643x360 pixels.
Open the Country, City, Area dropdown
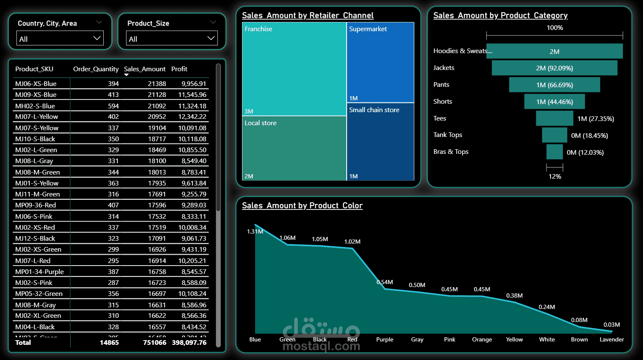[60, 39]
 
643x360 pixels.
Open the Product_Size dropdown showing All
[172, 39]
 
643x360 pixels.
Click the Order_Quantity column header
[96, 69]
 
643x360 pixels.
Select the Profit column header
[179, 69]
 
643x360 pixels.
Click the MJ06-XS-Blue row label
[36, 83]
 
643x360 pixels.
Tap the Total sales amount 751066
[154, 342]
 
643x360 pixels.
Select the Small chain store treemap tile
[380, 142]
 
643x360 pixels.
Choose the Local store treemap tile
[294, 148]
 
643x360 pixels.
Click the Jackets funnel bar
[554, 68]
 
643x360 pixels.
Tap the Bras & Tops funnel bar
[554, 152]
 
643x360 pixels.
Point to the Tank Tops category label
[448, 135]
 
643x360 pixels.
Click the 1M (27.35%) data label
[595, 118]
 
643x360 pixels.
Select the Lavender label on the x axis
[611, 339]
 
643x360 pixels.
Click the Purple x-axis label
[385, 339]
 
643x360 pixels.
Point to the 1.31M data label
[255, 231]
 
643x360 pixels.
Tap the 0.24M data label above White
[546, 307]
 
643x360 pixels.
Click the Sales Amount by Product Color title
[302, 205]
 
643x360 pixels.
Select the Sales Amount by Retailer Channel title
[307, 16]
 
